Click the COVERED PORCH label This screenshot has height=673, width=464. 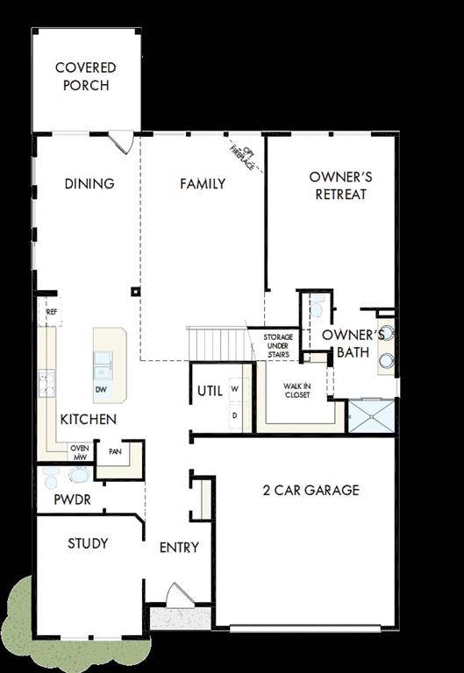click(x=86, y=76)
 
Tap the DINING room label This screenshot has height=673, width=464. click(x=89, y=184)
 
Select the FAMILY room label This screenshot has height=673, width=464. click(x=203, y=184)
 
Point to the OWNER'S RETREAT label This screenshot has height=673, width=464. click(x=340, y=185)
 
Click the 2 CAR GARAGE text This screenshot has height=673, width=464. click(x=298, y=490)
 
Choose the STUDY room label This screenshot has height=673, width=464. click(x=88, y=543)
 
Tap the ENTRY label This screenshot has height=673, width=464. click(x=179, y=548)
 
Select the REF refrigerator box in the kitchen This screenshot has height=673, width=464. click(x=52, y=311)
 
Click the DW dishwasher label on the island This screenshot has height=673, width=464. click(x=101, y=388)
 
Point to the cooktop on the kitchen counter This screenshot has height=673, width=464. click(x=45, y=381)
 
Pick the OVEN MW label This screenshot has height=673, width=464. click(x=80, y=451)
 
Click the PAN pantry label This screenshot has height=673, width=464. click(x=114, y=452)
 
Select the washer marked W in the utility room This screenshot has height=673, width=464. click(x=235, y=387)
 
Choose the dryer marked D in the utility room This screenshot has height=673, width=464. click(x=235, y=414)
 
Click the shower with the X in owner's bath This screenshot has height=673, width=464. click(x=371, y=416)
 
